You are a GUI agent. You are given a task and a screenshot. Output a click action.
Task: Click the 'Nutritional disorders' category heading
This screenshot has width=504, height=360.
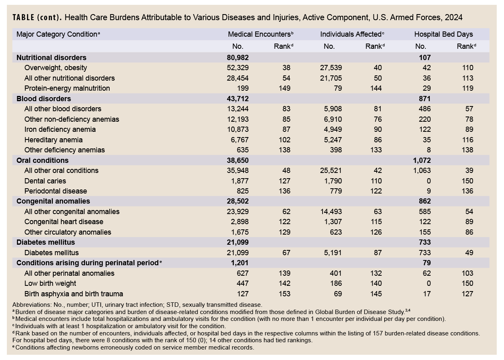(51, 58)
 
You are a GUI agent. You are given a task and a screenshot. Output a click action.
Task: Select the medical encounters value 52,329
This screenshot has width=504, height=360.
(238, 68)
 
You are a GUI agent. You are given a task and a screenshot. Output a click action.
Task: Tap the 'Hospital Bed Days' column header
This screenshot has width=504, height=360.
(444, 34)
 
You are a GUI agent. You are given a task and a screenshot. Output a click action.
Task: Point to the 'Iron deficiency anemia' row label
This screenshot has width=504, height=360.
(60, 129)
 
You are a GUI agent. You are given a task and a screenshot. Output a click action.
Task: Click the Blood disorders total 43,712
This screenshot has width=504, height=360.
(238, 99)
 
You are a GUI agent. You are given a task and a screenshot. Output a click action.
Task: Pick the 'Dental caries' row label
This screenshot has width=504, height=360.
(45, 181)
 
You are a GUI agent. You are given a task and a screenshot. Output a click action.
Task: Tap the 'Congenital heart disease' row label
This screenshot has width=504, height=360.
(64, 222)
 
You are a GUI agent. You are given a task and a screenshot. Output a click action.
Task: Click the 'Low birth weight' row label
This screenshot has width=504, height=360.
(50, 283)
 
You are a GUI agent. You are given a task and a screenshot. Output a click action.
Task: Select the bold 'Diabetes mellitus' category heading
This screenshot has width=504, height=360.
(46, 242)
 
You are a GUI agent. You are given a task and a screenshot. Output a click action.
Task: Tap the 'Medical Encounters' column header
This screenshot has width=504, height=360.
(259, 34)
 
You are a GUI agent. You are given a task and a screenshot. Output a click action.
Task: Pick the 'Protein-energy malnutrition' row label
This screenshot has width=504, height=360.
(67, 88)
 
